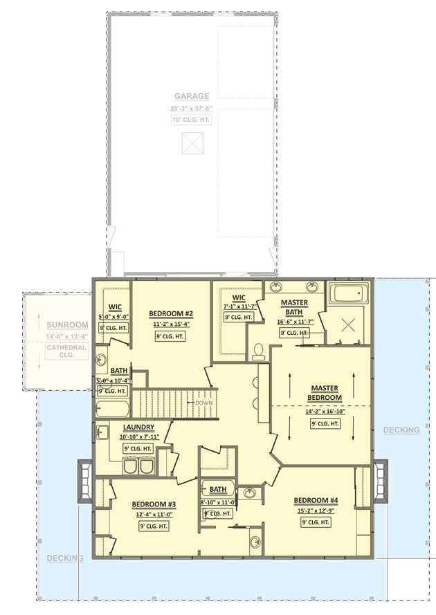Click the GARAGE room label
pyautogui.click(x=192, y=96)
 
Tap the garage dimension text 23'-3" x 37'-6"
pyautogui.click(x=192, y=109)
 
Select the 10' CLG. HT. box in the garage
pyautogui.click(x=192, y=120)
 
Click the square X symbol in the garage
pyautogui.click(x=192, y=143)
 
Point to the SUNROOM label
pyautogui.click(x=67, y=324)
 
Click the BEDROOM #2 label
pyautogui.click(x=170, y=313)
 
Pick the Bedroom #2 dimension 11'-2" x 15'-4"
pyautogui.click(x=170, y=324)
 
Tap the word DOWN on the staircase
pyautogui.click(x=203, y=403)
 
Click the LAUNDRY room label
pyautogui.click(x=138, y=427)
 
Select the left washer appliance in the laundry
pyautogui.click(x=130, y=468)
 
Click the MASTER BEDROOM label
pyautogui.click(x=325, y=393)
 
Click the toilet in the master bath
pyautogui.click(x=259, y=353)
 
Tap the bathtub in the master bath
pyautogui.click(x=349, y=293)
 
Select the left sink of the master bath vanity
pyautogui.click(x=276, y=286)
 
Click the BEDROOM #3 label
pyautogui.click(x=154, y=504)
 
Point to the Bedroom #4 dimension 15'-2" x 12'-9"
pyautogui.click(x=316, y=511)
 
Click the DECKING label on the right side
pyautogui.click(x=401, y=430)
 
